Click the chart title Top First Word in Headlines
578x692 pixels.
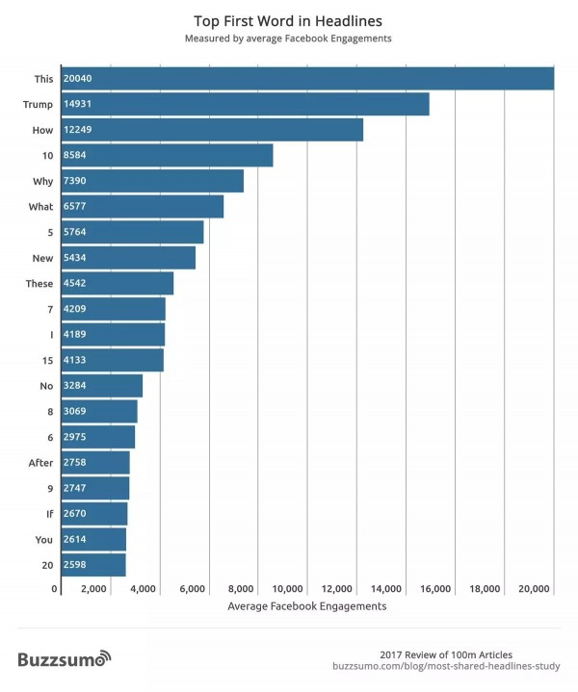click(x=288, y=19)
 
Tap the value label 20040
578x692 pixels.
click(x=78, y=78)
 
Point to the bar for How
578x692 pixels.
click(x=212, y=129)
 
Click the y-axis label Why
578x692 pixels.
click(x=41, y=181)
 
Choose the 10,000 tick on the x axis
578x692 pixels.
click(x=289, y=588)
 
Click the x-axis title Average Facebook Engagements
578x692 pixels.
click(x=306, y=606)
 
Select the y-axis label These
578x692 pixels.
click(x=39, y=284)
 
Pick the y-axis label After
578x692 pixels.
click(x=40, y=463)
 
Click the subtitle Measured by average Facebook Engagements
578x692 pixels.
click(x=288, y=38)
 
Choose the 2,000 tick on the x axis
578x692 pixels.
click(x=93, y=588)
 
